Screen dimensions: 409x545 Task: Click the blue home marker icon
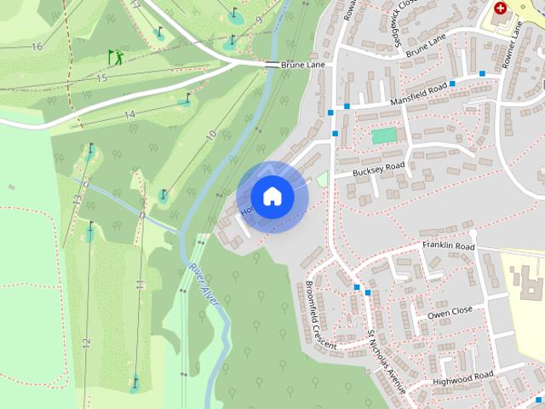(272, 196)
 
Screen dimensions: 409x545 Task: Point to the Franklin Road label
(448, 246)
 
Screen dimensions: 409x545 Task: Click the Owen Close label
(449, 313)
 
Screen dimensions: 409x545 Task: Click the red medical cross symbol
(500, 7)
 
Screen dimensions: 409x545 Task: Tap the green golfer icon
(115, 57)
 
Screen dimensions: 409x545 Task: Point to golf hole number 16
(36, 46)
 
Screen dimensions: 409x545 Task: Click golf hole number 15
(102, 78)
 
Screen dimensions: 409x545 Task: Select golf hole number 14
(129, 114)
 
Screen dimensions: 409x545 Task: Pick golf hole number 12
(86, 343)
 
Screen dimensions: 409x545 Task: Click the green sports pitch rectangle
(384, 135)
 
